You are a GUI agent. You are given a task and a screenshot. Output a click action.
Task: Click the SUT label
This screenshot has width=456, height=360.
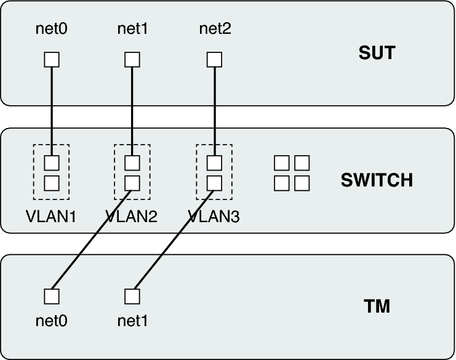tap(377, 53)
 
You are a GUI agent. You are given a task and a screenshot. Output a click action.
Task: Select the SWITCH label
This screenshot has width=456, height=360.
tap(377, 180)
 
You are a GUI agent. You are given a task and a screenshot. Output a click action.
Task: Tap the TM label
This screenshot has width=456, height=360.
tap(377, 306)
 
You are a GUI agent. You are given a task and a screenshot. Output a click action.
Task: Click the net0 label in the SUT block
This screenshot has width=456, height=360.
tap(51, 28)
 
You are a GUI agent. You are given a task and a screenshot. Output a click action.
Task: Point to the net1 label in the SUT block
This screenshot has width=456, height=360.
tap(132, 28)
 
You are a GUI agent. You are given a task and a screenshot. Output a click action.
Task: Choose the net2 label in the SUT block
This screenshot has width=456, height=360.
tap(215, 28)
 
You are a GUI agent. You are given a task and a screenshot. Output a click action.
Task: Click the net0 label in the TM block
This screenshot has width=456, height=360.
tap(51, 321)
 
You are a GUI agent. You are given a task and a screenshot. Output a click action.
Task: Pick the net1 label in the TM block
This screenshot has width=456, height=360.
tap(132, 321)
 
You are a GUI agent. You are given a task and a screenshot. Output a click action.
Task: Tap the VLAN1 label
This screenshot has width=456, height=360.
tap(50, 216)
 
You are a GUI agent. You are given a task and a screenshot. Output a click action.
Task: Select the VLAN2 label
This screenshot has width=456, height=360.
tap(132, 216)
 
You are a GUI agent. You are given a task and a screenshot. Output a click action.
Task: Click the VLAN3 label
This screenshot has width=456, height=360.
tap(214, 216)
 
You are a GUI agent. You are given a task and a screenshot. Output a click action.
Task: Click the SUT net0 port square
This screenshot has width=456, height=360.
tap(52, 60)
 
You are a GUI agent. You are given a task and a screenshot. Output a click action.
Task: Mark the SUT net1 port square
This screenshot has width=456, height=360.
tap(132, 60)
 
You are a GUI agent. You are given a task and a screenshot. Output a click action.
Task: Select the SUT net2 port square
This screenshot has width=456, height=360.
tap(214, 60)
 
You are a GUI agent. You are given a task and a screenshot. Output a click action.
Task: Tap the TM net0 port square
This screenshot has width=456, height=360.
tap(52, 296)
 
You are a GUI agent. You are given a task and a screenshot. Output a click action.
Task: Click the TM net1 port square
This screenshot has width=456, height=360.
tap(132, 296)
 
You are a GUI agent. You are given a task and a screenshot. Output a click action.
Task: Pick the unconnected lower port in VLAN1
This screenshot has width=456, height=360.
tap(52, 183)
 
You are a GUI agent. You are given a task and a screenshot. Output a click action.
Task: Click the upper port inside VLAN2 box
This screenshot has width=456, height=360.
tap(132, 163)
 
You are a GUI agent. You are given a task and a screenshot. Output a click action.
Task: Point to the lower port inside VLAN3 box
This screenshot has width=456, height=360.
tap(214, 183)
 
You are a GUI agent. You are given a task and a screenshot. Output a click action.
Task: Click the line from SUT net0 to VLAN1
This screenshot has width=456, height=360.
tap(52, 111)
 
